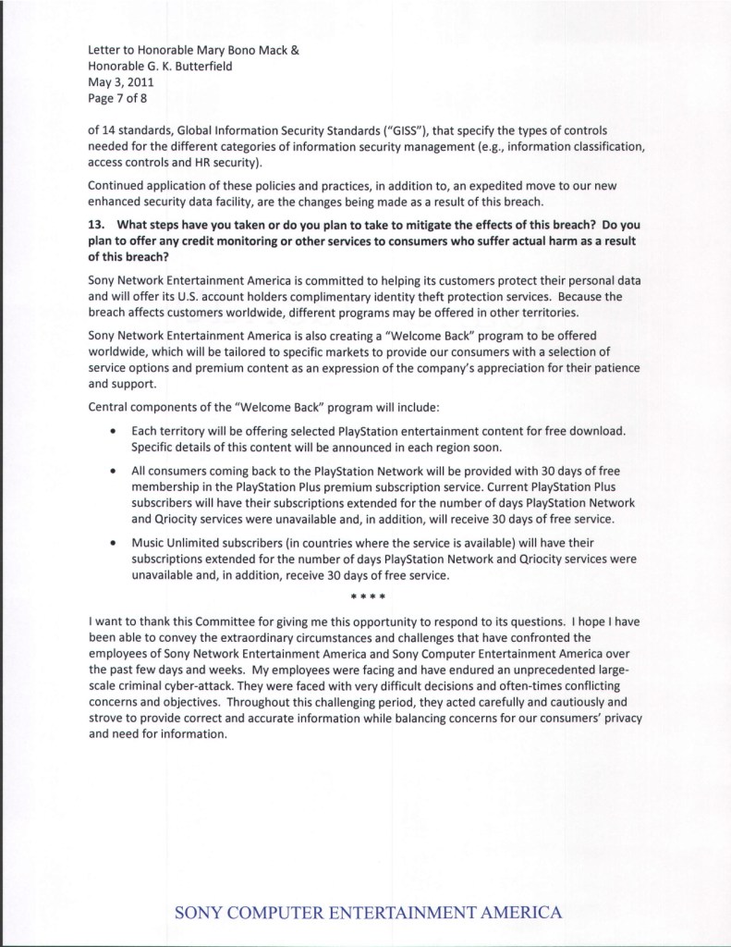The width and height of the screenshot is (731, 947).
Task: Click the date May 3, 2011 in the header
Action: click(x=114, y=80)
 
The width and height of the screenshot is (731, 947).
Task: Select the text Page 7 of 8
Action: click(x=116, y=96)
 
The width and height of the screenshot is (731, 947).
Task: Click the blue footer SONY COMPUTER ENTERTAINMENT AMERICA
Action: click(x=368, y=913)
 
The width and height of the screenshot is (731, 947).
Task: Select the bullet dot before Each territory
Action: click(x=112, y=431)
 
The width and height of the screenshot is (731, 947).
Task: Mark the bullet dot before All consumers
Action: click(x=112, y=471)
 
